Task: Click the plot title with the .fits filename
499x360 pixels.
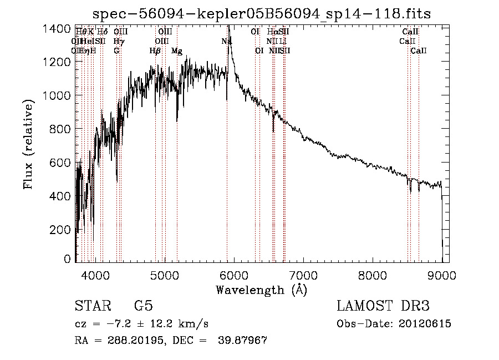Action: [x=262, y=13]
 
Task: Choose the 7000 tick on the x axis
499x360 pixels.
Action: [x=303, y=274]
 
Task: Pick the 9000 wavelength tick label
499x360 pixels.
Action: [x=442, y=274]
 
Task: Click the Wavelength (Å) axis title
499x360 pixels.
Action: [x=261, y=290]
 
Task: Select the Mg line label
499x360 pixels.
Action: [x=177, y=51]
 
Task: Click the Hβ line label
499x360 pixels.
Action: [x=155, y=51]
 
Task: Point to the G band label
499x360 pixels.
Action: [x=116, y=51]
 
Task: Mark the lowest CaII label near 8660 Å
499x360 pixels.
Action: [x=419, y=51]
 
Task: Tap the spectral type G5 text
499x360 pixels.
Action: [x=143, y=306]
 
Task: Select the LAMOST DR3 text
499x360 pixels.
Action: [x=383, y=306]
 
